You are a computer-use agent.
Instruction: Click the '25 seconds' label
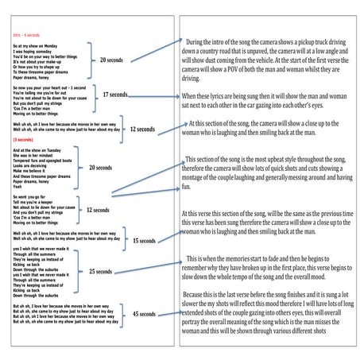(100, 272)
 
